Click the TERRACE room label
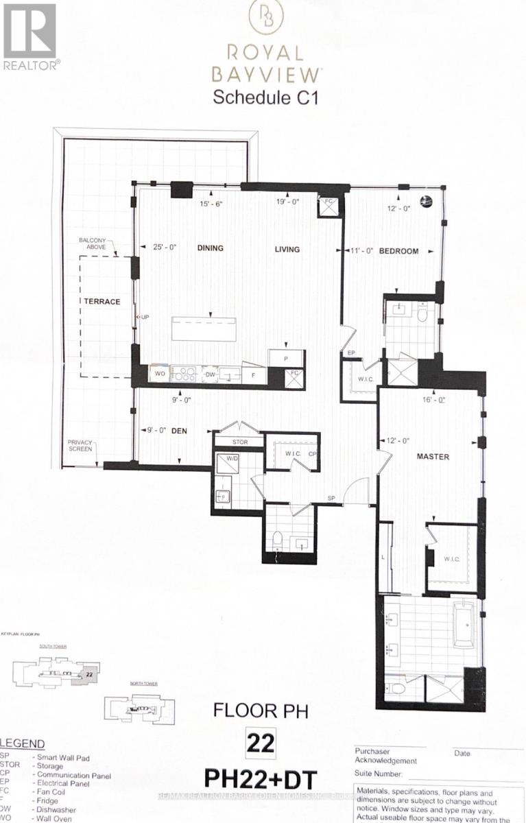[x=102, y=301]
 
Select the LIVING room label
[x=287, y=249]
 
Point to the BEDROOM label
[x=399, y=251]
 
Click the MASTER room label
[x=434, y=456]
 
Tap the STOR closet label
[x=239, y=442]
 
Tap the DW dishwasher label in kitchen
[x=211, y=374]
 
